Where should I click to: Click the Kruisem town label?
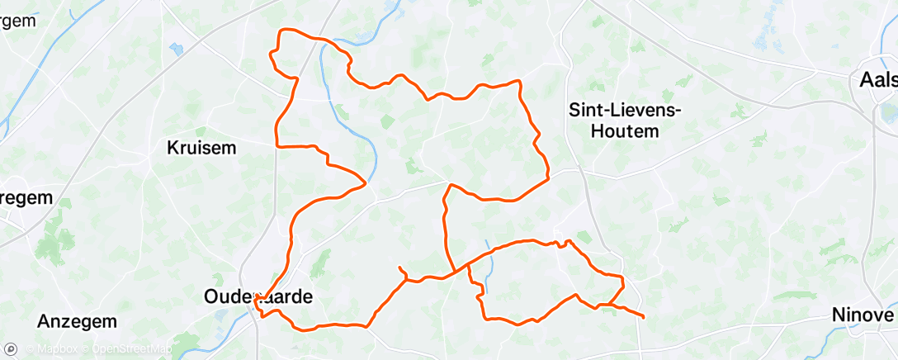201,149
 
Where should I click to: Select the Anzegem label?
78,321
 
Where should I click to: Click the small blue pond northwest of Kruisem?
176,50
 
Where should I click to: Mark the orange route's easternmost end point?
643,316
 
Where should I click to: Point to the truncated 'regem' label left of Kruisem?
26,198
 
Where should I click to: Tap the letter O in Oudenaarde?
212,296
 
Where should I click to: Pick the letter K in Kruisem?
173,149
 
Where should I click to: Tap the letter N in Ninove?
839,315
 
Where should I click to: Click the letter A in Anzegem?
45,321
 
